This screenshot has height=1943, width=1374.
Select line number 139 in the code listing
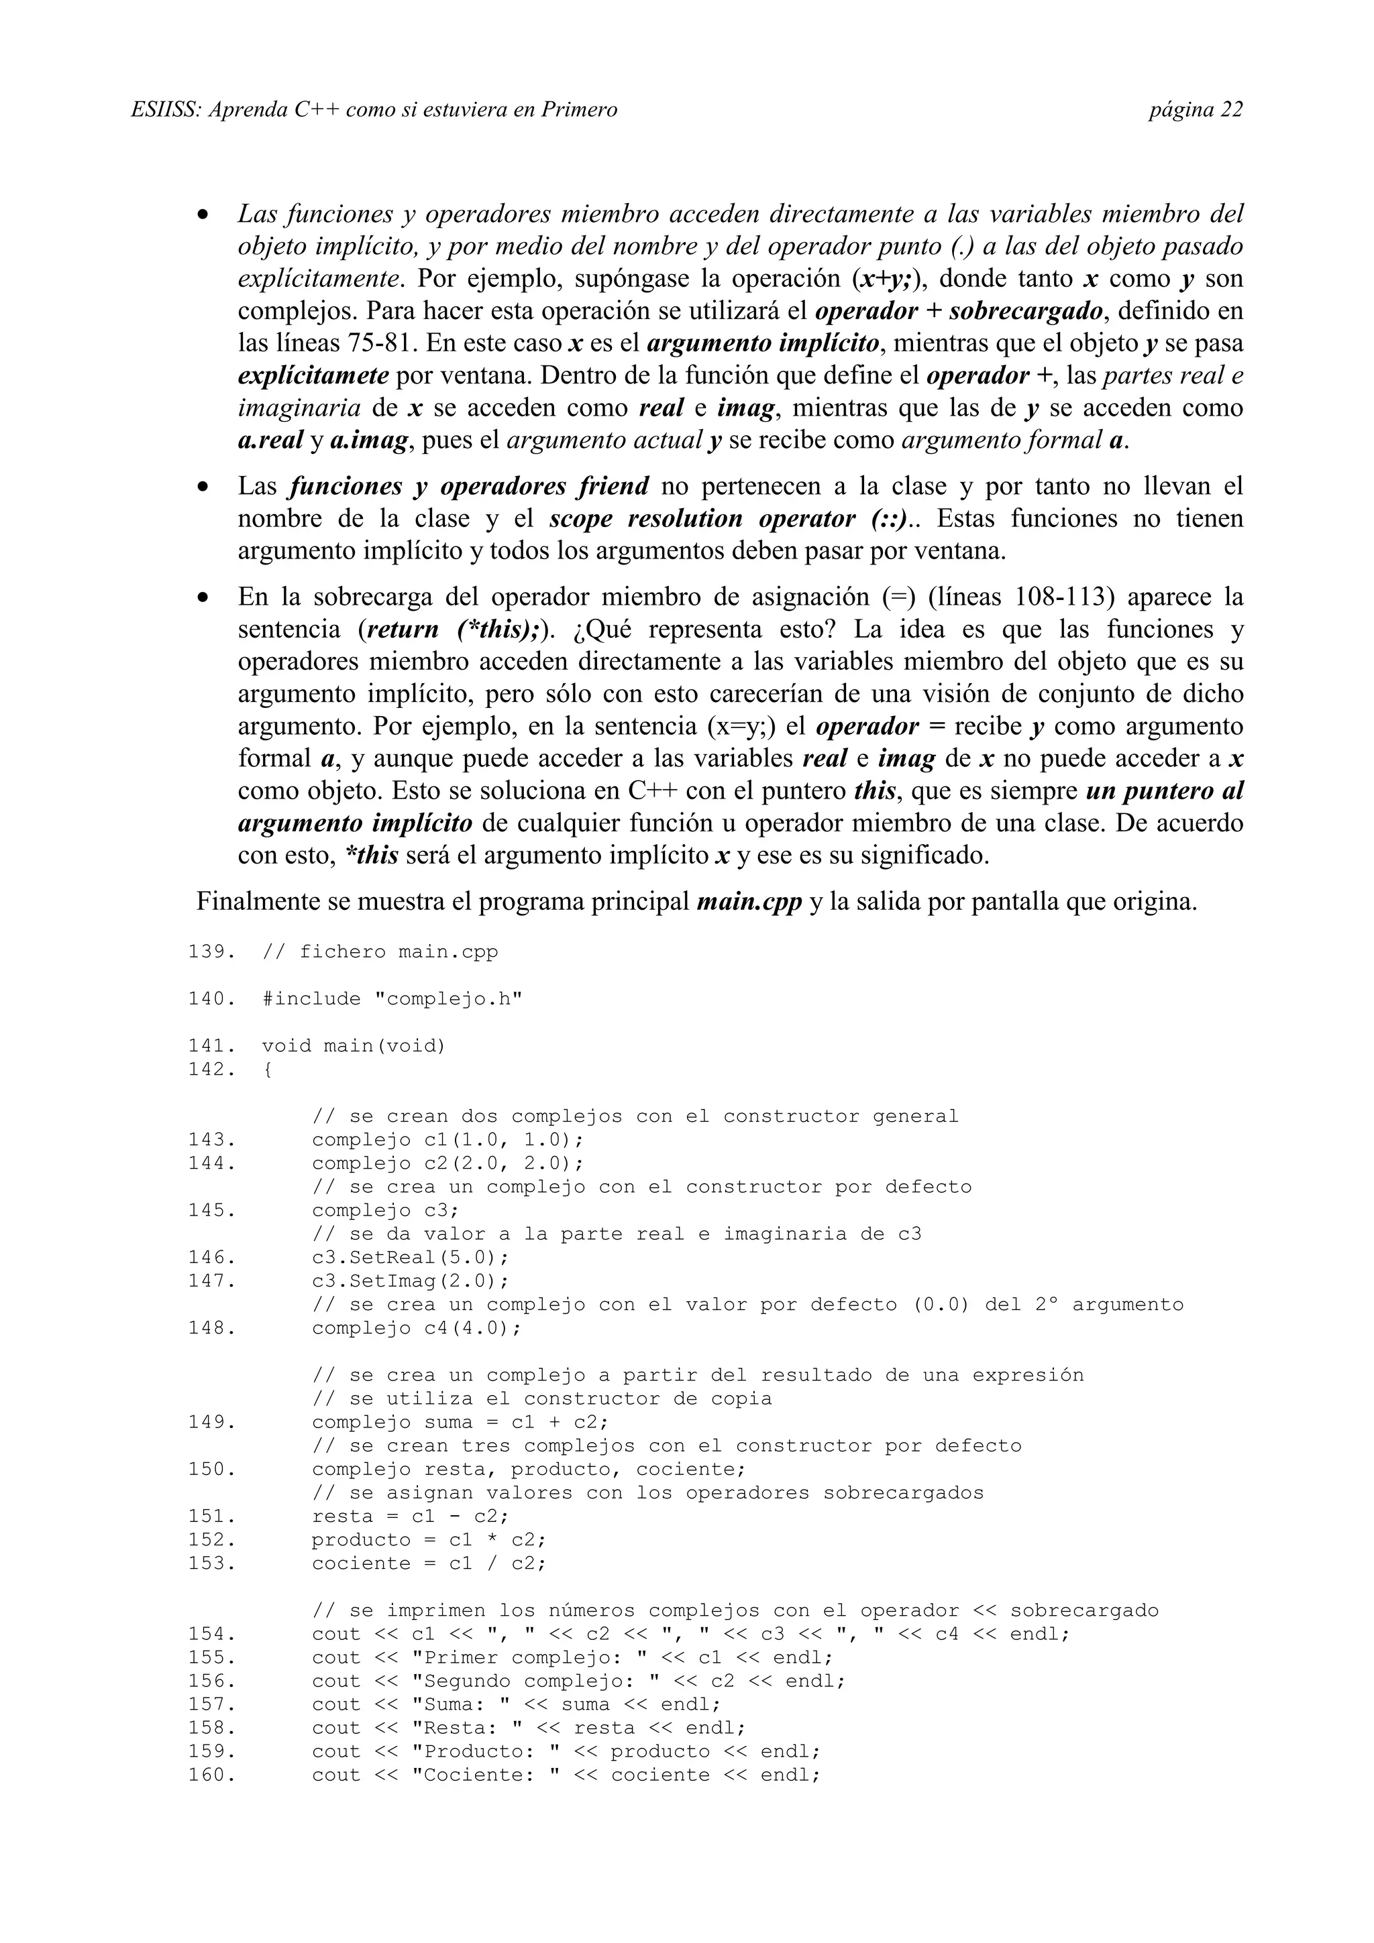(211, 952)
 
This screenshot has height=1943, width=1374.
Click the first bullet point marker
(203, 215)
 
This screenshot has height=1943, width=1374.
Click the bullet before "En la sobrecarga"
(203, 597)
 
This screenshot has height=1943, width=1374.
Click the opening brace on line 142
(268, 1069)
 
